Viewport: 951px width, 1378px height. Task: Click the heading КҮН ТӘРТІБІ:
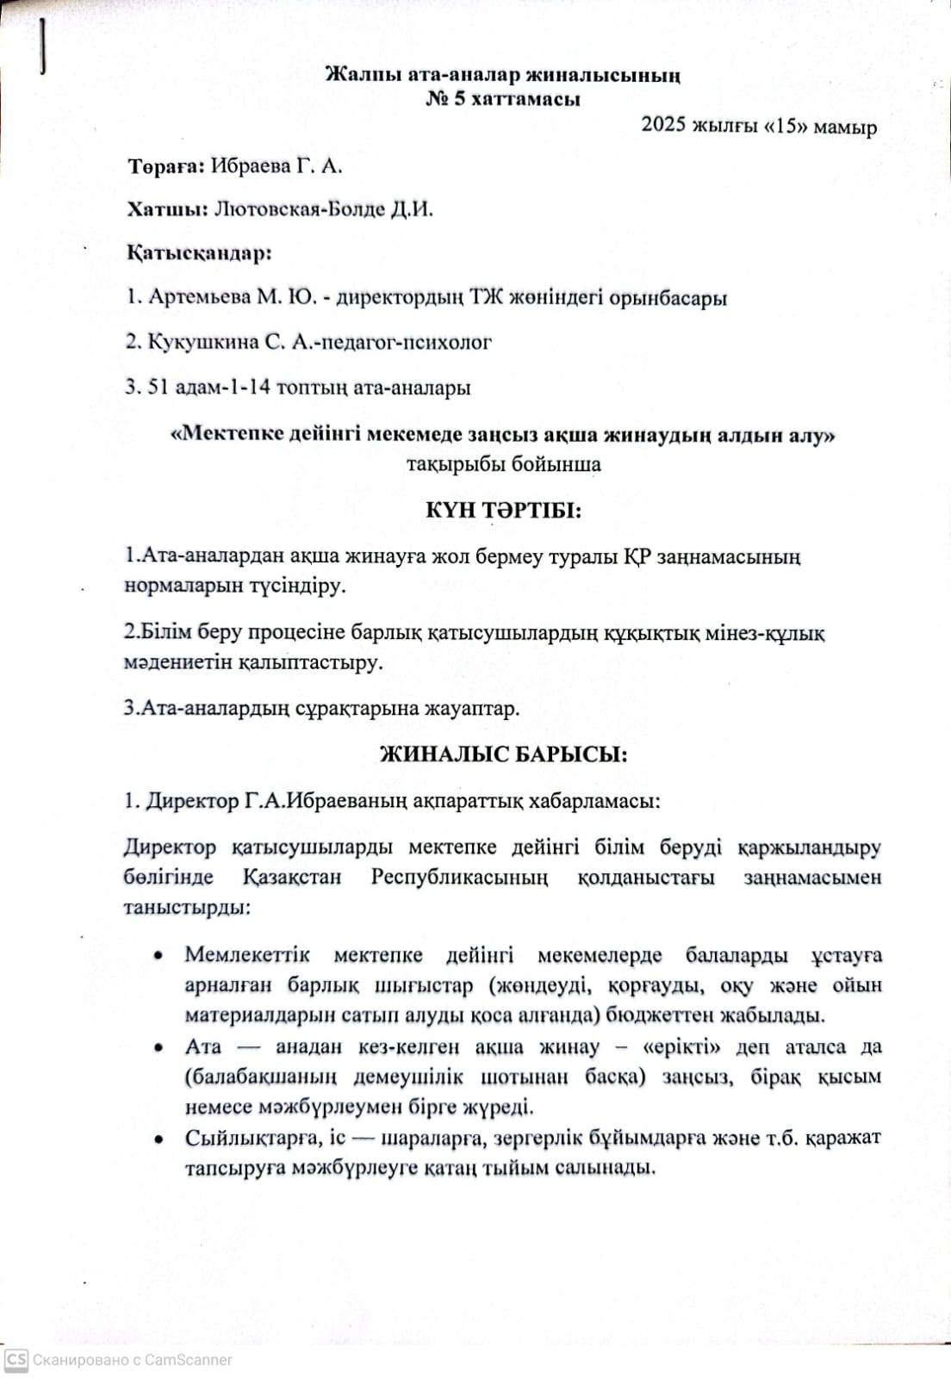tap(503, 511)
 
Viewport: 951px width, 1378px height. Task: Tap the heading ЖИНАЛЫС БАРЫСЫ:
tap(503, 755)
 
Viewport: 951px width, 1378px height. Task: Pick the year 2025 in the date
tap(663, 126)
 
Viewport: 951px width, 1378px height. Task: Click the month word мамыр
tap(845, 127)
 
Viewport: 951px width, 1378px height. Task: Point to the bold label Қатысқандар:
tap(199, 253)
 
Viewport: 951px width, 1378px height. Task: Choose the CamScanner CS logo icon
tap(16, 1360)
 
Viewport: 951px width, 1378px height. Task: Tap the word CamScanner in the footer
tap(188, 1360)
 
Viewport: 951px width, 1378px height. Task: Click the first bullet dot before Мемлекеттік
tap(158, 956)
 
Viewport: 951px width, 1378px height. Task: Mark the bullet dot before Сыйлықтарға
tap(158, 1139)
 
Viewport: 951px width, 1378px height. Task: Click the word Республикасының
tap(459, 878)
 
